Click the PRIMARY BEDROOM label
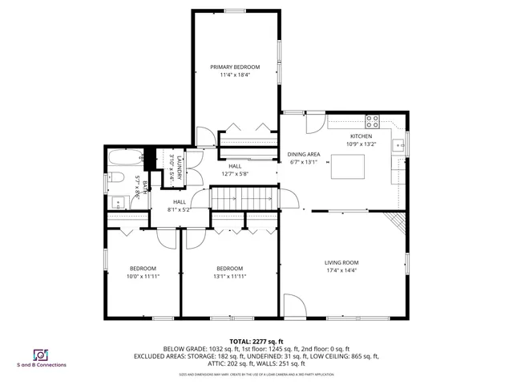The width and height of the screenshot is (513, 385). (236, 67)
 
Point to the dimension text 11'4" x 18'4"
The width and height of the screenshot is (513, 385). (236, 75)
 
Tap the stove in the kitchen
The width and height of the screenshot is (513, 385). (373, 122)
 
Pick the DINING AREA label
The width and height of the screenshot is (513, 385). (304, 154)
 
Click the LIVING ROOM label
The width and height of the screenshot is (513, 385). (341, 262)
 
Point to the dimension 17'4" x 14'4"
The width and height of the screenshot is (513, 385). (341, 270)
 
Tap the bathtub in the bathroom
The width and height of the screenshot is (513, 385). (123, 157)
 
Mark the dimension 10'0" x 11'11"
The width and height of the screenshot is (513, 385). (143, 276)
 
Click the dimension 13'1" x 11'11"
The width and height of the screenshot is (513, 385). (229, 276)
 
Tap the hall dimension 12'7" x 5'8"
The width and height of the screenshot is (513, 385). (235, 173)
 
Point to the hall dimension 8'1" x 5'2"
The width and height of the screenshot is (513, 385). (180, 209)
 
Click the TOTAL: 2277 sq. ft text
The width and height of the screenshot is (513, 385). (256, 340)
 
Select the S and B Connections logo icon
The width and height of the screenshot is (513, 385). (39, 355)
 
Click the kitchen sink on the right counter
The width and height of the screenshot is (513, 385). (397, 146)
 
